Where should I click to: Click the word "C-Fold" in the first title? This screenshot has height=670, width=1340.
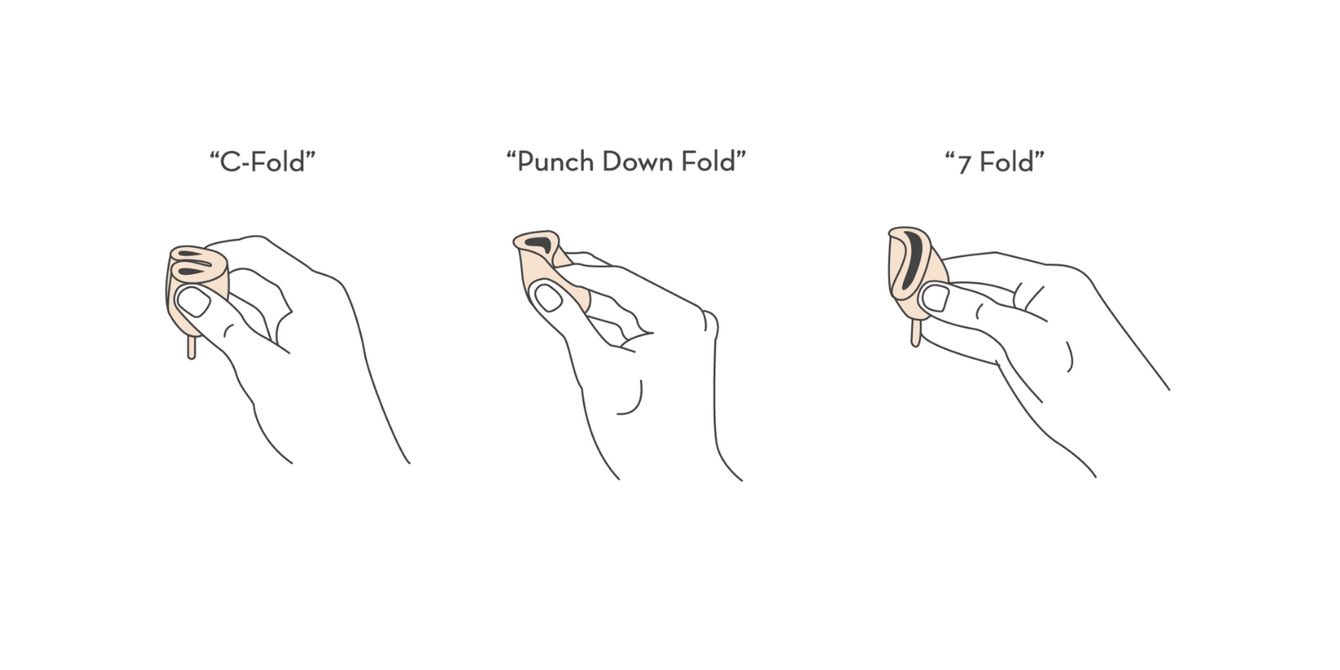coord(263,162)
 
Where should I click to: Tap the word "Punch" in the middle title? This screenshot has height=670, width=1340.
coord(556,162)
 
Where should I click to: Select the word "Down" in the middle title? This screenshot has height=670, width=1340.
coord(636,162)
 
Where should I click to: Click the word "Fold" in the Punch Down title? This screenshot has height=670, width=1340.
coord(709,162)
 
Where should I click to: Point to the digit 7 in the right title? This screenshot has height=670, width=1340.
coord(964,163)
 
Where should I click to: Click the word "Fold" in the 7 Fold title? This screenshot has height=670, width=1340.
coord(1007,162)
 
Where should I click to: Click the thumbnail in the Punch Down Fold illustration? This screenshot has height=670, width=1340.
coord(548,297)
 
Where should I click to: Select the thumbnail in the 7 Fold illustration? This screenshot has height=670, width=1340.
coord(935,297)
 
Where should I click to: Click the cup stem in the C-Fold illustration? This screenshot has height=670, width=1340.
coord(192,347)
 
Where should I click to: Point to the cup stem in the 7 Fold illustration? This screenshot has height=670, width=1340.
coord(915,334)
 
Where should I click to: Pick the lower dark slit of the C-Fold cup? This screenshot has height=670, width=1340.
coord(193,271)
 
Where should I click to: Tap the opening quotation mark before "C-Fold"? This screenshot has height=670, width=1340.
coord(214,155)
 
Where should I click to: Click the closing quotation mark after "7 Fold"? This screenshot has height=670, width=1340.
coord(1040,155)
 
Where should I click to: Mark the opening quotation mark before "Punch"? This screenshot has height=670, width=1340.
coord(512,155)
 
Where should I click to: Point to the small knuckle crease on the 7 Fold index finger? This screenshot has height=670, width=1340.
coord(979,311)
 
